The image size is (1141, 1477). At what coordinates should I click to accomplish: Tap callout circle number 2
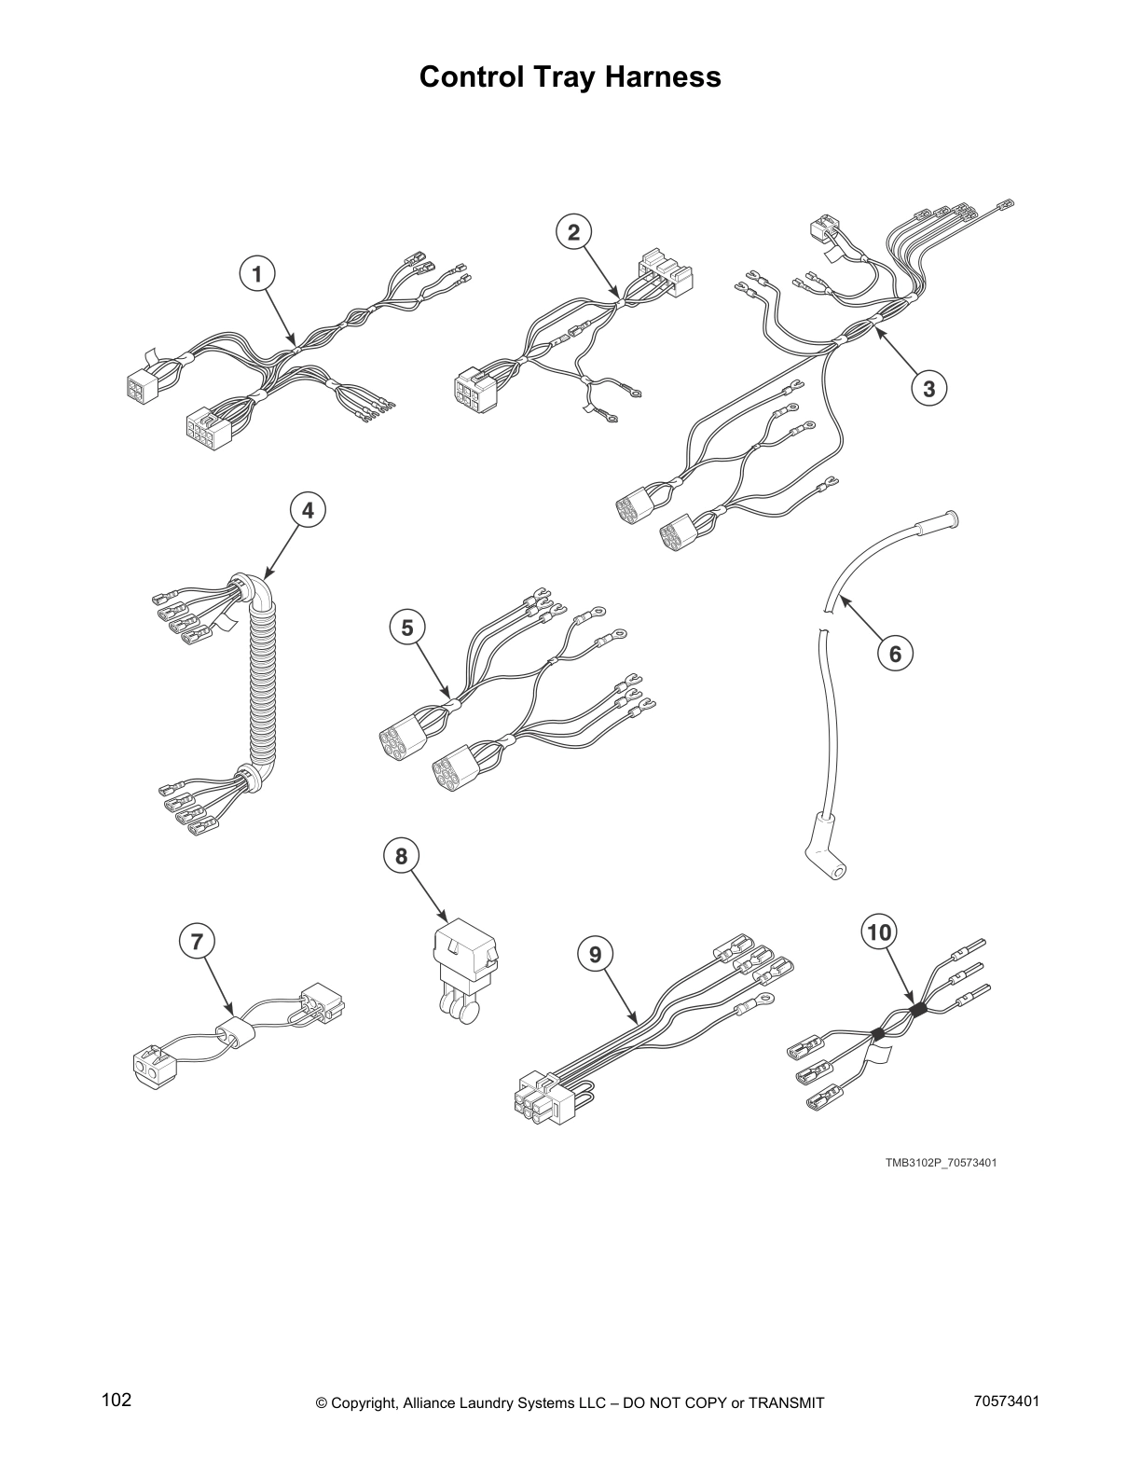tap(574, 231)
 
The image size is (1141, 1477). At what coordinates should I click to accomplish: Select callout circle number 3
tap(928, 387)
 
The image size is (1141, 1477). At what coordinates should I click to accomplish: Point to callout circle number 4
tap(309, 510)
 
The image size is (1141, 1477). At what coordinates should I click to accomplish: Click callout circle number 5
tap(407, 628)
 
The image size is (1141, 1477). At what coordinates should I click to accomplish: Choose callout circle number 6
tap(895, 653)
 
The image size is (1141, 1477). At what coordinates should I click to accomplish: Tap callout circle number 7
tap(196, 942)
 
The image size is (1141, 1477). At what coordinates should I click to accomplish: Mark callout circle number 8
tap(402, 855)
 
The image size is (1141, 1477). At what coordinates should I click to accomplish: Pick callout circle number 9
tap(596, 953)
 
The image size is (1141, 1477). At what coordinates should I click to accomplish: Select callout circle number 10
tap(880, 932)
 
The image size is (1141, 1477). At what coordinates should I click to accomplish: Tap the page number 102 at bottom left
tap(117, 1401)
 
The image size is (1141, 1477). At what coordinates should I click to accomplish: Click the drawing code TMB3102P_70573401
tap(941, 1163)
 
